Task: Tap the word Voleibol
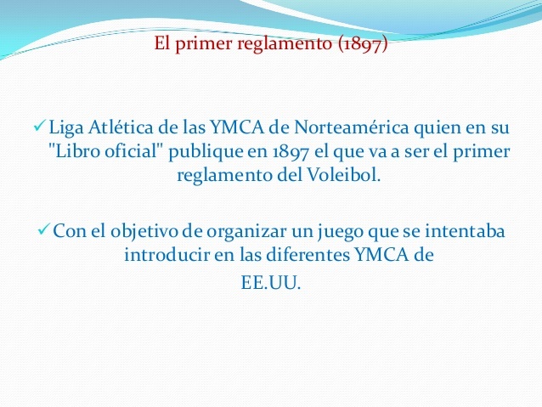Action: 347,176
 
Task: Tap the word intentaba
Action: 466,231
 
